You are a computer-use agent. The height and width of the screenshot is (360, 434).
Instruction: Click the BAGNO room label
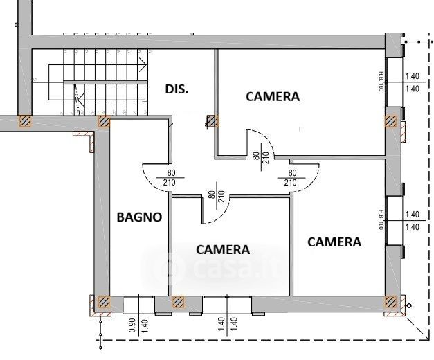coord(139,217)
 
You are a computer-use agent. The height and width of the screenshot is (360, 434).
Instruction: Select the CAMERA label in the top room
coord(273,97)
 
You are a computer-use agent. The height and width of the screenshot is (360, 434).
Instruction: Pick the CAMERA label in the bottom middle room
coord(223,249)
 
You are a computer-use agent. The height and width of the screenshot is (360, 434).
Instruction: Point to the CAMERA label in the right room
coord(334,242)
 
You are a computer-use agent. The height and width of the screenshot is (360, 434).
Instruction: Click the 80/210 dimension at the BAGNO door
coord(169,178)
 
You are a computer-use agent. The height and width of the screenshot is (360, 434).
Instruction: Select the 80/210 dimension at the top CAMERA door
coord(260,161)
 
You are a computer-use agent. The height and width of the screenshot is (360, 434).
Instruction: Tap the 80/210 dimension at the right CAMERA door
coord(291,178)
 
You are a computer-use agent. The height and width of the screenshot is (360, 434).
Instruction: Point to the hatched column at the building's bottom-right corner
coord(391,302)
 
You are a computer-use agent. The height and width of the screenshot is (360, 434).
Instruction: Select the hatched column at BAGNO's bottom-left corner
coord(103,302)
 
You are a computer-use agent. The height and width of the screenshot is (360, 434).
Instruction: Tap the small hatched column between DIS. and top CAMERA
coord(212,122)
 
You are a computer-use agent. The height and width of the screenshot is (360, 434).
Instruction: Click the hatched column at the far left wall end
coord(25,122)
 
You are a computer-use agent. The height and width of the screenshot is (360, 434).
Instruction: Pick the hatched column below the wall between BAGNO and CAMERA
coord(178,302)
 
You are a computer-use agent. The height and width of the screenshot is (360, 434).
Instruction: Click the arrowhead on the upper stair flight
coord(145,64)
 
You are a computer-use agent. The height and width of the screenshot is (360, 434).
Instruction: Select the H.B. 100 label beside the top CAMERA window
coord(381,81)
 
